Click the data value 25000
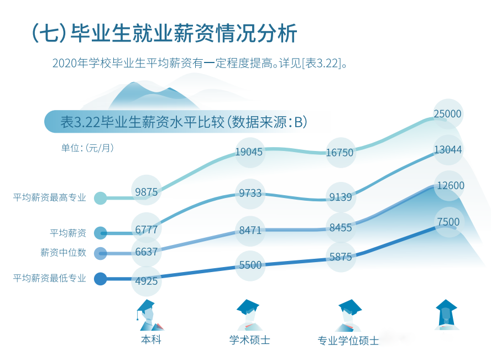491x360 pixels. pyautogui.click(x=447, y=114)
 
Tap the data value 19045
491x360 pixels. pyautogui.click(x=249, y=152)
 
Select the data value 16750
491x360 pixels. pyautogui.click(x=339, y=153)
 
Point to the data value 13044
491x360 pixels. pyautogui.click(x=448, y=149)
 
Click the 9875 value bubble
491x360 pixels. pyautogui.click(x=147, y=192)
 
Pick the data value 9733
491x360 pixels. pyautogui.click(x=250, y=194)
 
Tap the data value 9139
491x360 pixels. pyautogui.click(x=340, y=196)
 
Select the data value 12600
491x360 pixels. pyautogui.click(x=450, y=186)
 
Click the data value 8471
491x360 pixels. pyautogui.click(x=250, y=230)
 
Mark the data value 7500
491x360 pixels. pyautogui.click(x=448, y=222)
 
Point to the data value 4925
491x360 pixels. pyautogui.click(x=147, y=281)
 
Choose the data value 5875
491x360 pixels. pyautogui.click(x=340, y=257)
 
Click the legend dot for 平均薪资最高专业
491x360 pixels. pyautogui.click(x=100, y=198)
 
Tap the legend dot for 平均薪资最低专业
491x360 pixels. pyautogui.click(x=100, y=279)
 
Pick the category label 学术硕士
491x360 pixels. pyautogui.click(x=250, y=340)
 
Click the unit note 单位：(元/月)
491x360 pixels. pyautogui.click(x=87, y=148)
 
